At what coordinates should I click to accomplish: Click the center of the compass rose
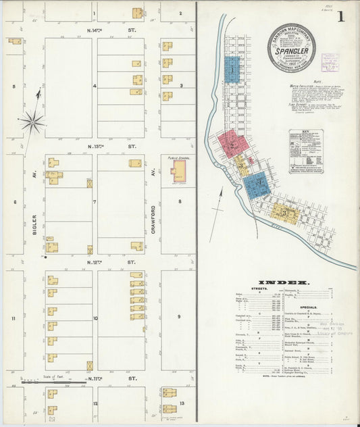click(31, 122)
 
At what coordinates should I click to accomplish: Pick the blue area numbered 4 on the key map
click(257, 184)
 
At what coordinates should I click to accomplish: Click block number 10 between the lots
click(95, 318)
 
